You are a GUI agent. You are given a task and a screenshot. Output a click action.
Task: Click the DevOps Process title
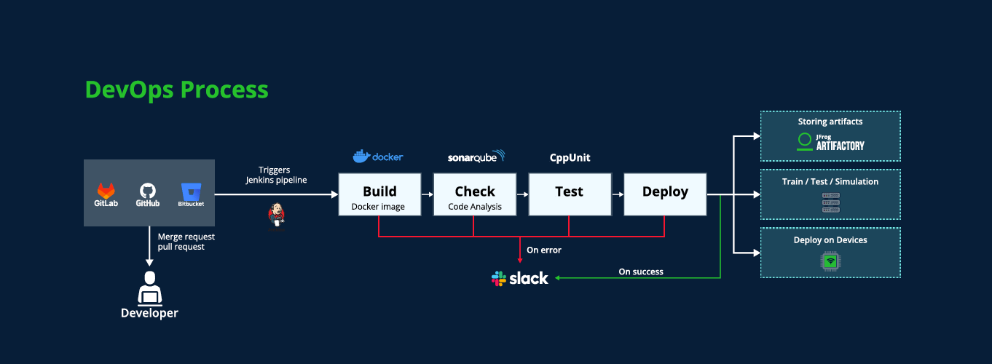click(x=176, y=90)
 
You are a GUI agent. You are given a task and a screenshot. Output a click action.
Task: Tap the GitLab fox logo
click(x=106, y=191)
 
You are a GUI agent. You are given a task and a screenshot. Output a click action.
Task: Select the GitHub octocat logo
click(x=147, y=191)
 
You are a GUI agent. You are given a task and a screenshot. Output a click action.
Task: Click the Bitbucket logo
click(x=192, y=191)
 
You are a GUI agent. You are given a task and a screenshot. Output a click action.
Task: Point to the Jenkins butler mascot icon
click(x=277, y=216)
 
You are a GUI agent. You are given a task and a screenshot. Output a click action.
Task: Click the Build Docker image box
click(x=379, y=194)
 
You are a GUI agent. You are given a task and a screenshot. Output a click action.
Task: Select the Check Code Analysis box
click(x=475, y=194)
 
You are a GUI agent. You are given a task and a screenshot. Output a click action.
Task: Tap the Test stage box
click(x=570, y=194)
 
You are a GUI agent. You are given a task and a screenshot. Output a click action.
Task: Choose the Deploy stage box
click(x=665, y=194)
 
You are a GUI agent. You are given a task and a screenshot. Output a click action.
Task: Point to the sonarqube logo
click(x=476, y=157)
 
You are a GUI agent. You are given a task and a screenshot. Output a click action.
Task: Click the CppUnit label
click(x=570, y=158)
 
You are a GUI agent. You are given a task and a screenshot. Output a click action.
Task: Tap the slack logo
click(x=520, y=279)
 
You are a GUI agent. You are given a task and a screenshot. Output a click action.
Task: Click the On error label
click(x=544, y=250)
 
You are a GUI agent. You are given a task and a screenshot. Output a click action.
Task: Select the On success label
click(x=641, y=272)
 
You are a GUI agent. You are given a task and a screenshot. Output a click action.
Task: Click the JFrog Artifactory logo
click(x=830, y=142)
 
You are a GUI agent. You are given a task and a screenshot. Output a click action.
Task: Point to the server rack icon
click(x=831, y=202)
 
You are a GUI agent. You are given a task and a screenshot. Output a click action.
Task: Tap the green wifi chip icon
click(x=830, y=261)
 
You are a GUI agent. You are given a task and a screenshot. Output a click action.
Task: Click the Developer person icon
click(x=150, y=289)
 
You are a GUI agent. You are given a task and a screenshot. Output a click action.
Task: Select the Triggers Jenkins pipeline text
click(x=276, y=175)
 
